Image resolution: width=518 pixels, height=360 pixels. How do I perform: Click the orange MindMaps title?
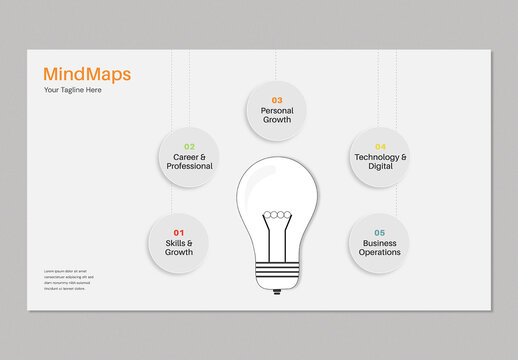[x=87, y=74]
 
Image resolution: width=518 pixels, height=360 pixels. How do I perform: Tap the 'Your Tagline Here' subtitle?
[x=73, y=90]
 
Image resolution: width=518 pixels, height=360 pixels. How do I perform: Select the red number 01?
[x=179, y=232]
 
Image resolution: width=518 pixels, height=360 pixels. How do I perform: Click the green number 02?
[x=189, y=146]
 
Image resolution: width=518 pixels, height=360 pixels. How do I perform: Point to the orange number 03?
[x=277, y=100]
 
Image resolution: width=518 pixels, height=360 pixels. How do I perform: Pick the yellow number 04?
[x=380, y=146]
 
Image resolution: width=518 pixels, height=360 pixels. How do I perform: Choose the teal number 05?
[x=380, y=232]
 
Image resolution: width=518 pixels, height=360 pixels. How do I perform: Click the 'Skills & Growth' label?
[x=179, y=247]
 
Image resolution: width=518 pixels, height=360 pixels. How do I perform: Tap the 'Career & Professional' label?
[x=189, y=161]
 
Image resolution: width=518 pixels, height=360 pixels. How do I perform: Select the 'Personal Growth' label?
[x=277, y=115]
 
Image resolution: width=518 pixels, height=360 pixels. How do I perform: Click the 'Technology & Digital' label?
[x=380, y=161]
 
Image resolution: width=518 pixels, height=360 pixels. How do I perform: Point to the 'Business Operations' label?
[x=380, y=247]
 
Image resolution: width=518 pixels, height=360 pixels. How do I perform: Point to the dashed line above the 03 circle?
[x=277, y=65]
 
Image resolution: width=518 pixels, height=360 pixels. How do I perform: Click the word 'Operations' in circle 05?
[x=380, y=252]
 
